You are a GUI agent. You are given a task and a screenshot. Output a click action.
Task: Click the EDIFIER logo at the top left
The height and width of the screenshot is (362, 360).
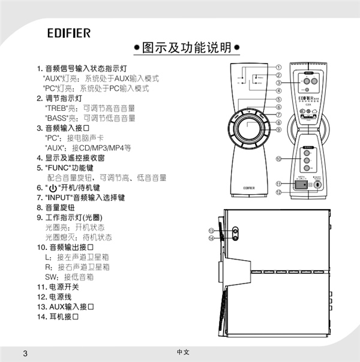69,33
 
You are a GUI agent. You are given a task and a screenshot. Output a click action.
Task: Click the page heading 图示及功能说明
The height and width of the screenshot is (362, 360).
187,47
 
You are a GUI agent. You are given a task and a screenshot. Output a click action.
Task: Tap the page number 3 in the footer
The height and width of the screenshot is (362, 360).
25,352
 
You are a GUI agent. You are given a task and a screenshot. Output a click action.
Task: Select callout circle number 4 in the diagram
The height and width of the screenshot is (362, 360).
279,90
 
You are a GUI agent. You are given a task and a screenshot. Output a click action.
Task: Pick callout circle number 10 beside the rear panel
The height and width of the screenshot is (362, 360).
279,159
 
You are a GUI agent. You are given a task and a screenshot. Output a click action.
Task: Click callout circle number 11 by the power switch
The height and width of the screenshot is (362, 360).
279,183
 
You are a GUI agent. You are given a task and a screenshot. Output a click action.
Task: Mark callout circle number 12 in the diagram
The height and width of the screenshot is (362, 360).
279,192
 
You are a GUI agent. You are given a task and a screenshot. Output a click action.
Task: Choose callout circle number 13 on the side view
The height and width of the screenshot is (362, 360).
211,230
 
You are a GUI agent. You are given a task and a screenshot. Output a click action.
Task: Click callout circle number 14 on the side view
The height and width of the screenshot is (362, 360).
211,238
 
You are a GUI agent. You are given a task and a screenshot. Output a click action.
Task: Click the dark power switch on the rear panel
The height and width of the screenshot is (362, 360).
300,185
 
